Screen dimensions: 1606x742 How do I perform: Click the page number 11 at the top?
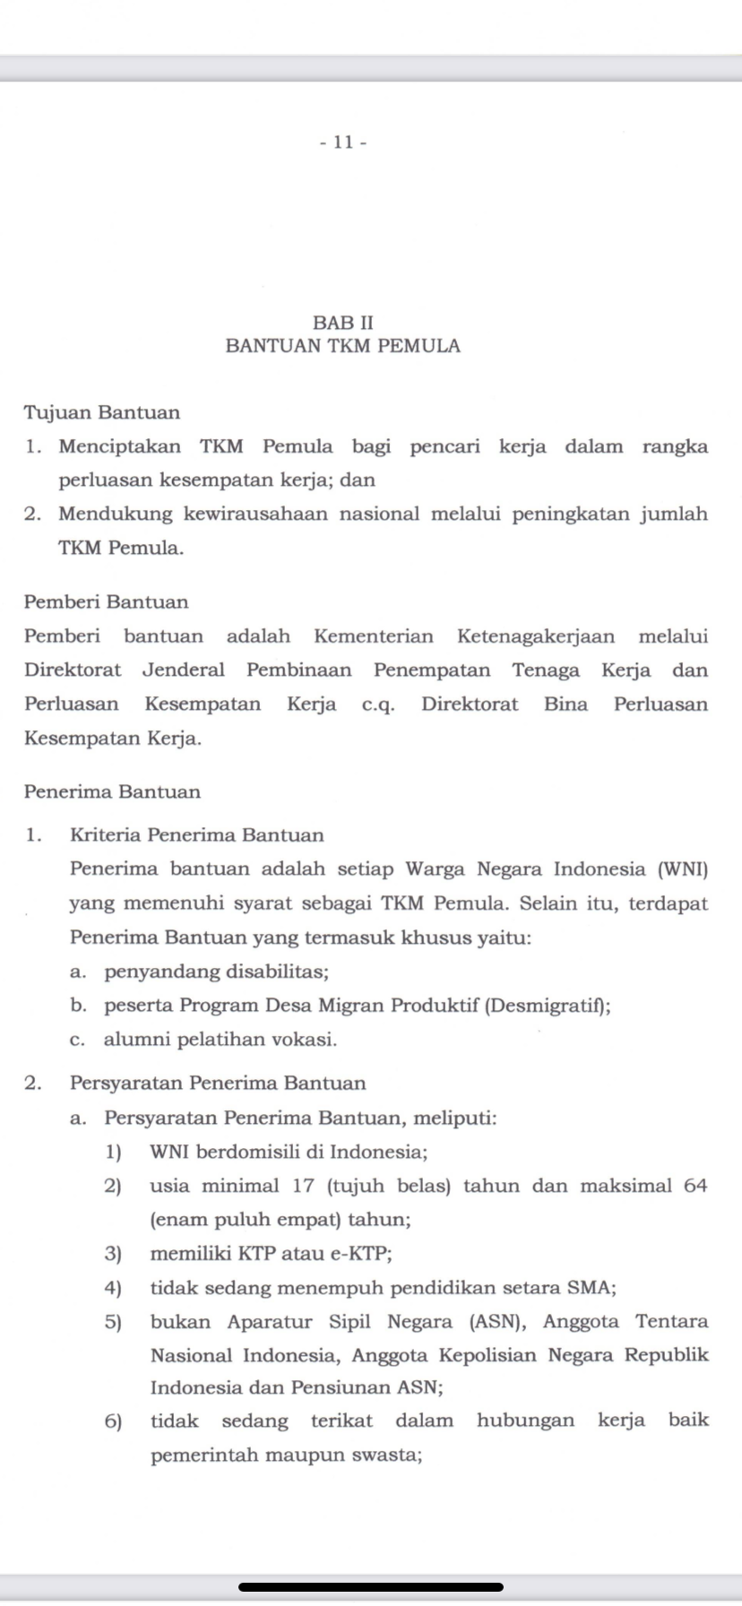click(343, 142)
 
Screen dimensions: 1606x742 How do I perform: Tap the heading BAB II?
click(343, 322)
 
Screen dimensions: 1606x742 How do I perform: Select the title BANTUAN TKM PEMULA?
click(343, 346)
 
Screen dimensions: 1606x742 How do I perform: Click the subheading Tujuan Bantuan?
click(102, 413)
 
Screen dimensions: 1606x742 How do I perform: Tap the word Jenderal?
click(184, 670)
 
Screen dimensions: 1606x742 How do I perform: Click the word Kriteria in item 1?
click(105, 835)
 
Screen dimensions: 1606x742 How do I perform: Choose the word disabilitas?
click(277, 971)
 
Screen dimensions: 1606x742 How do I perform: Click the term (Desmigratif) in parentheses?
click(548, 1006)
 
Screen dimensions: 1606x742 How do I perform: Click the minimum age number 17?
click(304, 1186)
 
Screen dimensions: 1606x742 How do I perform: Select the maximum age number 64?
click(695, 1186)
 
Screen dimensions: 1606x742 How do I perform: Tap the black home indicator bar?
click(371, 1586)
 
